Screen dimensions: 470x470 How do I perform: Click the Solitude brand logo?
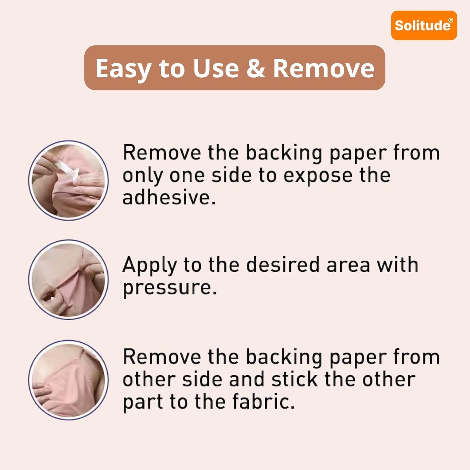424,25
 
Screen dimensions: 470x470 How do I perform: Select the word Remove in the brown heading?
324,68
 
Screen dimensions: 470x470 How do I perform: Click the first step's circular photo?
68,180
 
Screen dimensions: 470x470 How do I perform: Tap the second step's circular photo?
68,279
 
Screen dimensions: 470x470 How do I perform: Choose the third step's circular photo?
68,380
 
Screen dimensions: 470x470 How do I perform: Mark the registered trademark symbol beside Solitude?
451,20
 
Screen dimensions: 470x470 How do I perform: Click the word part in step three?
143,402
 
